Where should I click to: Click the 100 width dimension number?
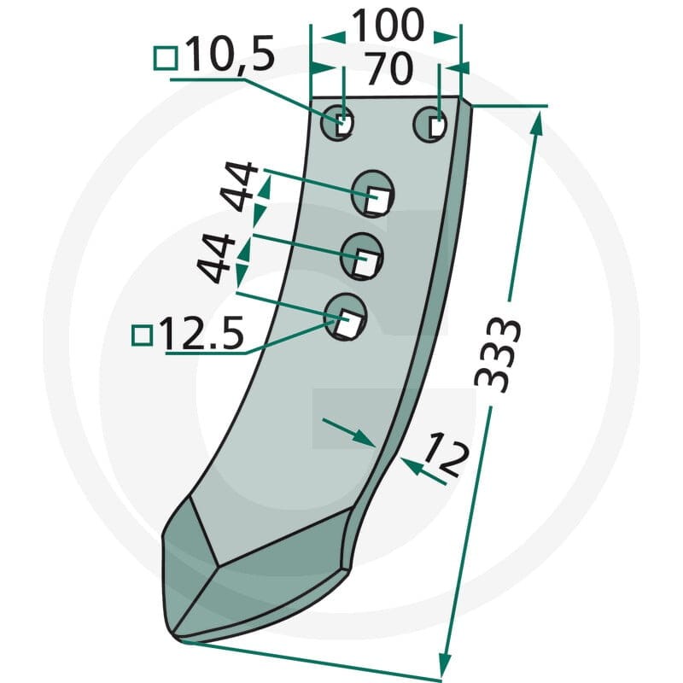coord(388,25)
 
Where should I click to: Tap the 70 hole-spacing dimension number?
coord(388,68)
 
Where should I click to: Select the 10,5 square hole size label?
coord(231,54)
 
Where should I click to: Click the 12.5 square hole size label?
coord(202,333)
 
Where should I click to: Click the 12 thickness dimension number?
coord(447,454)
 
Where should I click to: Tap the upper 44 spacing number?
coord(239,186)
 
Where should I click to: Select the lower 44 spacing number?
coord(216,259)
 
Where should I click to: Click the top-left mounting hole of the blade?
coord(336,122)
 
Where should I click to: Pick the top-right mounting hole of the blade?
coord(430,124)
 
